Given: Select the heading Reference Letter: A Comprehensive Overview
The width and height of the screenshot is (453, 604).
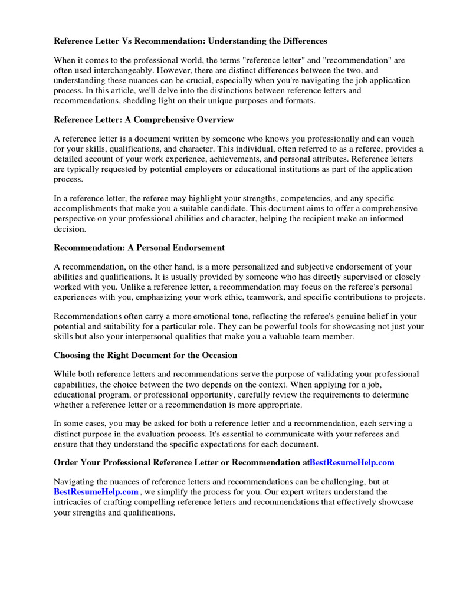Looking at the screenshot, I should (x=144, y=120).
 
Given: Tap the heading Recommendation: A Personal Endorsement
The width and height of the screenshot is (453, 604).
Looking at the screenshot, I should (x=139, y=247).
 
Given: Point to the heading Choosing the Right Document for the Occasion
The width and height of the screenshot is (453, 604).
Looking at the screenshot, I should (x=145, y=355).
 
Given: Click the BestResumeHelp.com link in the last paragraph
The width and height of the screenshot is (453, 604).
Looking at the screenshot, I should (x=96, y=491).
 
